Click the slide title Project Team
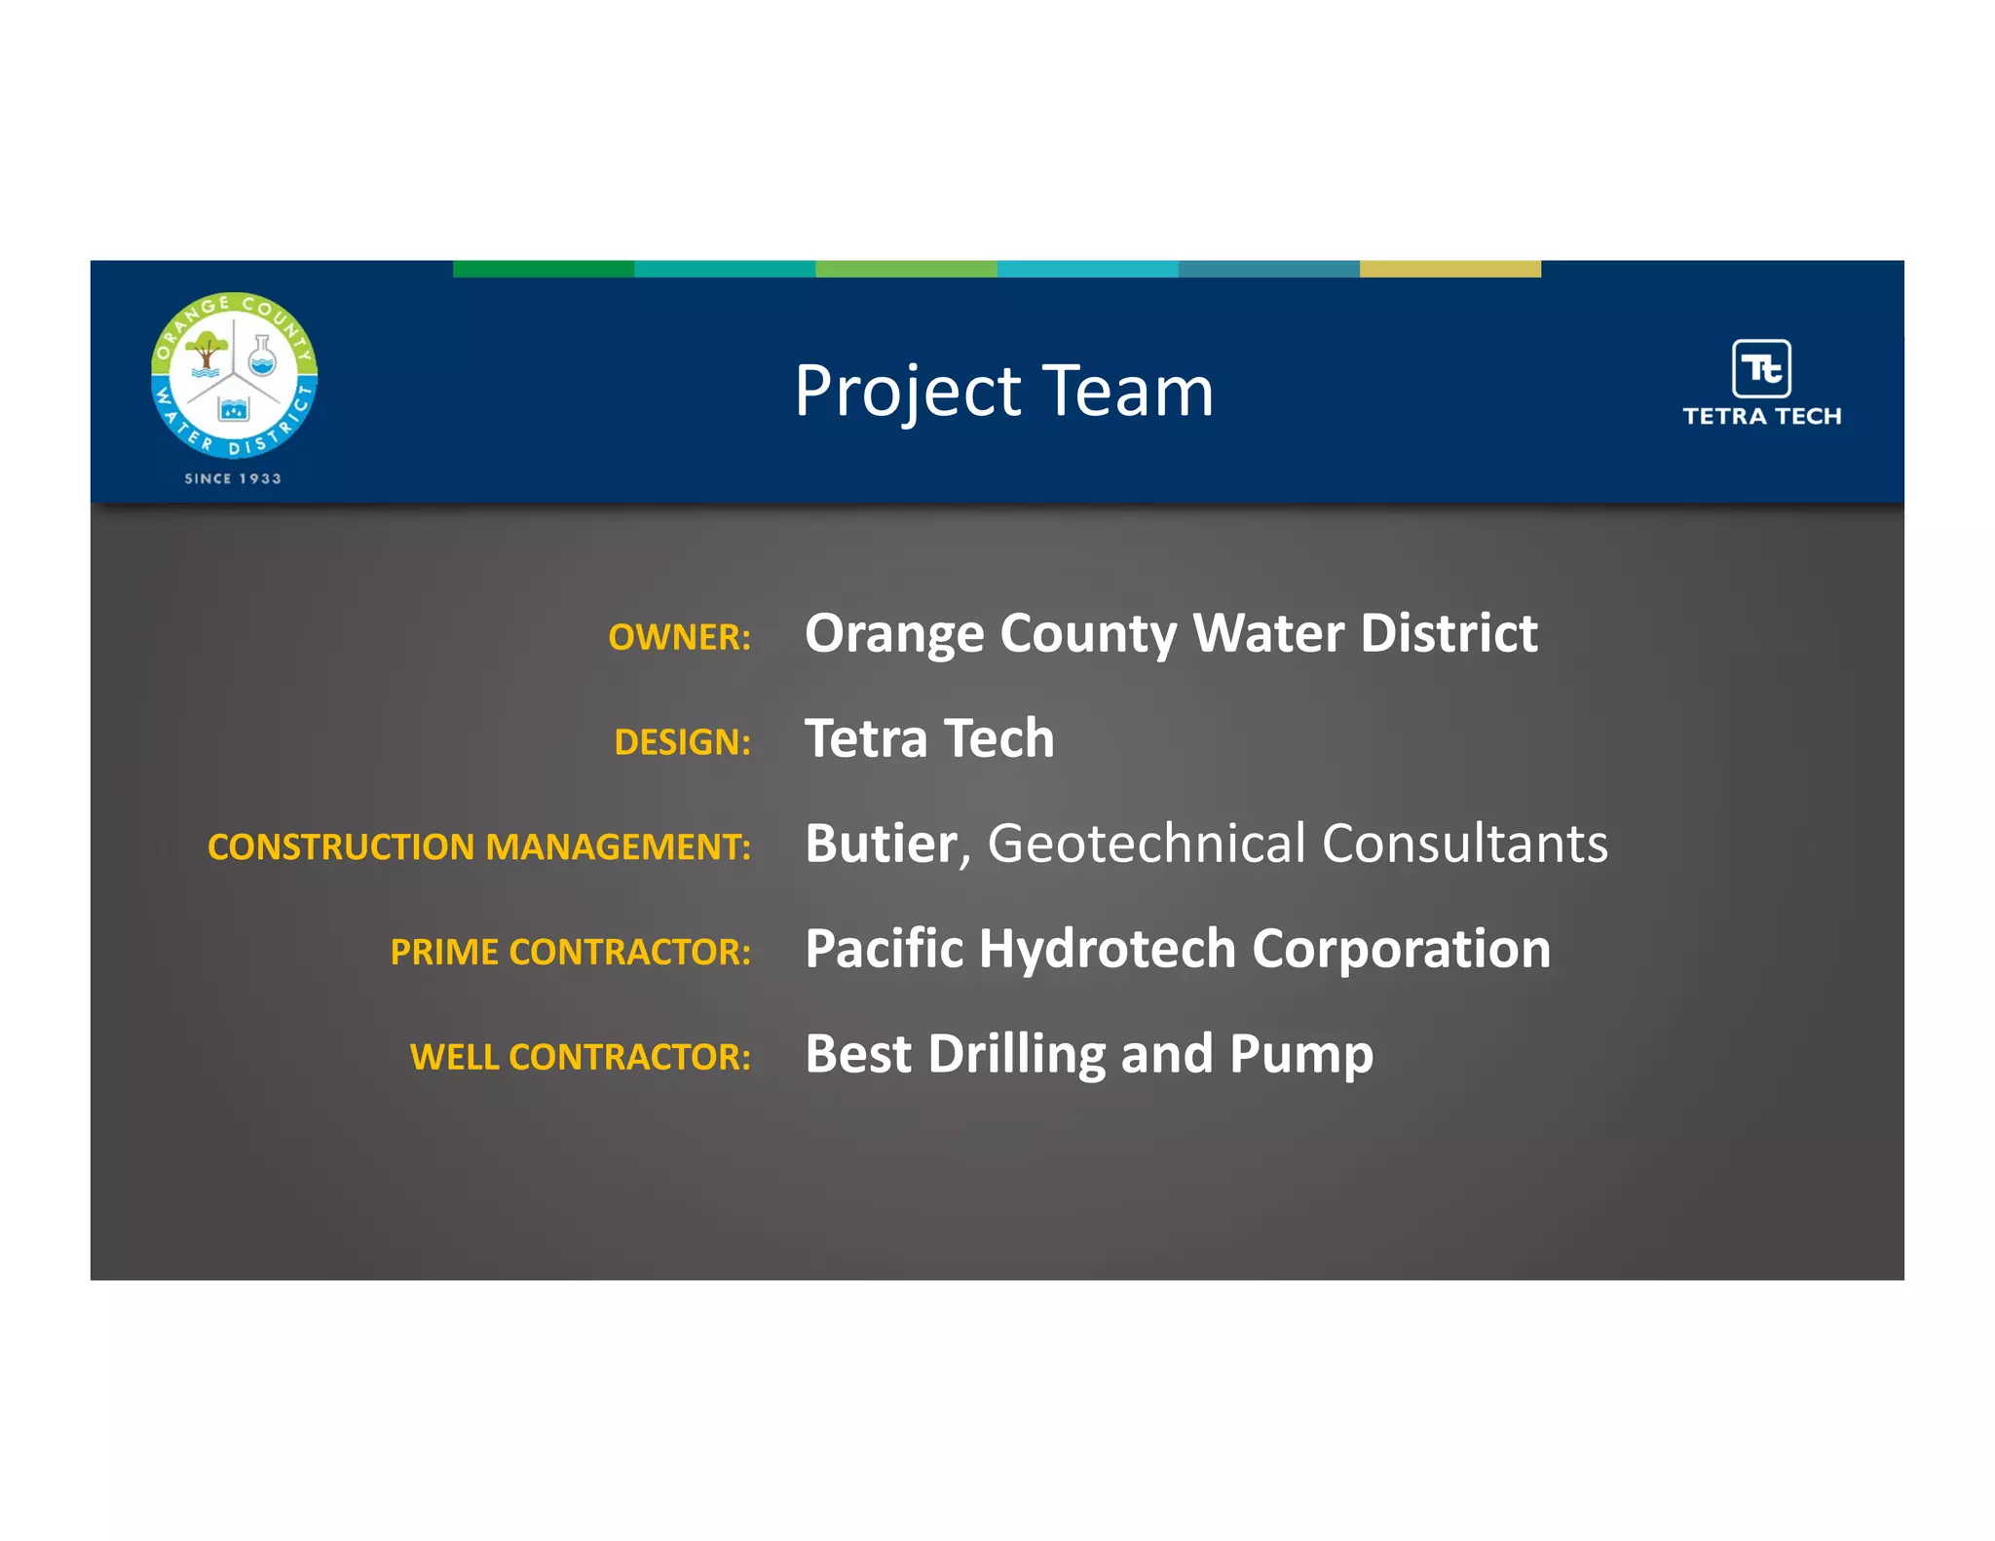1003,392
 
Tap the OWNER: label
679,637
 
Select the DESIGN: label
682,742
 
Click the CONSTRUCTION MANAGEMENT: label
478,847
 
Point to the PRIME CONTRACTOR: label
570,953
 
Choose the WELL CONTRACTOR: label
580,1058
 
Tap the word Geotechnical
1146,844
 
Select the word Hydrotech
1107,949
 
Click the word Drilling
1016,1055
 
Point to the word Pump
1300,1055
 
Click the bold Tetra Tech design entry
929,738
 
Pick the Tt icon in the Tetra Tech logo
1761,368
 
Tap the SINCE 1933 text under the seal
233,479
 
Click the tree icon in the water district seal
206,351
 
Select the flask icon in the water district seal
262,357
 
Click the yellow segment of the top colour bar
1449,269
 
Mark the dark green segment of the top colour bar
544,269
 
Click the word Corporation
1401,949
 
